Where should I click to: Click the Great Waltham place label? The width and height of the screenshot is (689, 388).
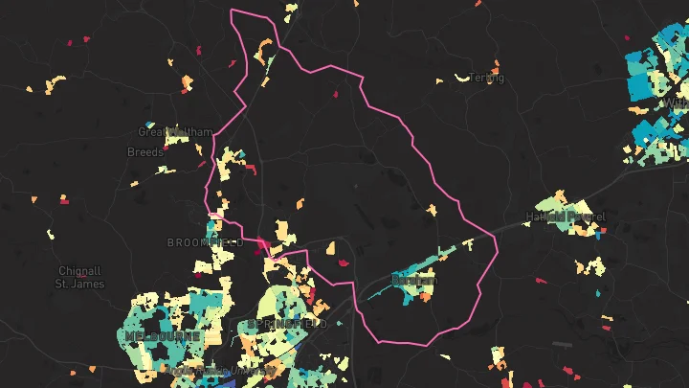(x=161, y=132)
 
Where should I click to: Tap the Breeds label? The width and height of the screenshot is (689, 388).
(x=145, y=152)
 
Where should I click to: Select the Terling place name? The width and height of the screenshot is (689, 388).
(x=486, y=79)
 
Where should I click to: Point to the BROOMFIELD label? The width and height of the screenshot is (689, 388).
(x=205, y=243)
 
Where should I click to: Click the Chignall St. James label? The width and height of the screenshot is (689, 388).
(x=78, y=277)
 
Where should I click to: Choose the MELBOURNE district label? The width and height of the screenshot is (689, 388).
(x=162, y=337)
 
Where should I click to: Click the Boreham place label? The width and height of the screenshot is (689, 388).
(x=413, y=281)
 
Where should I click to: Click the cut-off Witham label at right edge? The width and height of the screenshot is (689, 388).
(x=678, y=103)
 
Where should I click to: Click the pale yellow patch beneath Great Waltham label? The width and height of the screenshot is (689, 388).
(x=175, y=140)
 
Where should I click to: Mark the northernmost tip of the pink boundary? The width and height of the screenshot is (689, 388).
(x=233, y=11)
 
